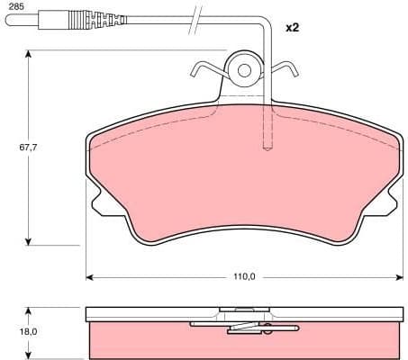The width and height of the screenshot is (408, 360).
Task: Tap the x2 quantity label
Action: pos(291,28)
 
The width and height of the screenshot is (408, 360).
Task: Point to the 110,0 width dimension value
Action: pos(243,276)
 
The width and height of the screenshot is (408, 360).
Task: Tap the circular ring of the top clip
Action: pos(242,68)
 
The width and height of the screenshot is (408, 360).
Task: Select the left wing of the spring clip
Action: pos(204,68)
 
